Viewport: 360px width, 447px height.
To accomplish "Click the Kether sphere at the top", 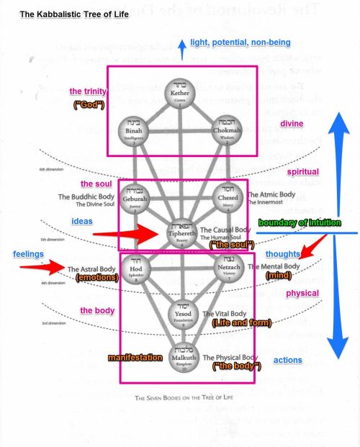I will [x=180, y=93].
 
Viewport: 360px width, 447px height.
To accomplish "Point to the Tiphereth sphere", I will [x=181, y=233].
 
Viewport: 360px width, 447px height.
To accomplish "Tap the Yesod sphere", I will [x=181, y=314].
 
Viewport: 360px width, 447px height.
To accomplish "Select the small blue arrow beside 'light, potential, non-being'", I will [x=183, y=49].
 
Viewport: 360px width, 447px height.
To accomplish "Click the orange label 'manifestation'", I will [x=135, y=357].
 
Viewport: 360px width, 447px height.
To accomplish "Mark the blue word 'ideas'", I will [x=82, y=220].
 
